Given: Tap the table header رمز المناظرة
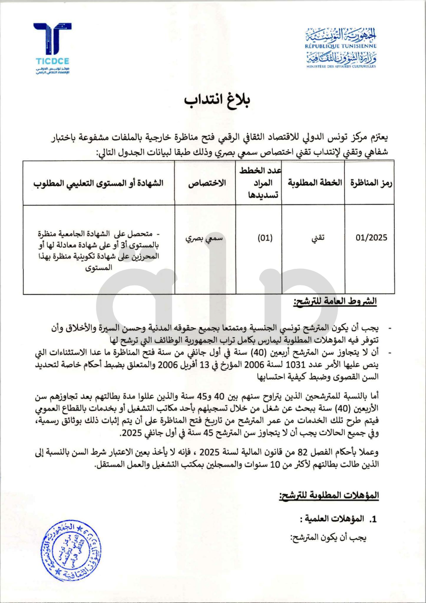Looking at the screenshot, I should [370, 183].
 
